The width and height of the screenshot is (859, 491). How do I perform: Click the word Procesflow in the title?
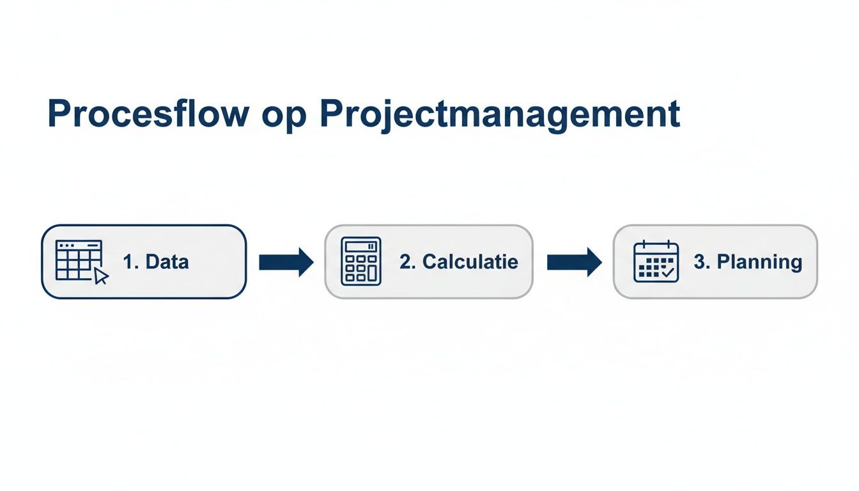pos(148,115)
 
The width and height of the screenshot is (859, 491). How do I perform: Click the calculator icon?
pos(361,261)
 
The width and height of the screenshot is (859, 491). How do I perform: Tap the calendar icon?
pos(656,261)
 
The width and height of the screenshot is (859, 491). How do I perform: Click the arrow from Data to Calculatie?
pos(286,262)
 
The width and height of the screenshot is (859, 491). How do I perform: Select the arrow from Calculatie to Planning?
pos(574,262)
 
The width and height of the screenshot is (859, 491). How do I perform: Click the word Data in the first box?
pos(167,261)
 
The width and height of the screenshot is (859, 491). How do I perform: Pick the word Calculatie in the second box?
pos(470,261)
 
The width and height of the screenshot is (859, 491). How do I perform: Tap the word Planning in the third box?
pos(759,261)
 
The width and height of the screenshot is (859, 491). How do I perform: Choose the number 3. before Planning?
pos(702,261)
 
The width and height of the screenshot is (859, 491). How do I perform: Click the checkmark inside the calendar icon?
pos(669,273)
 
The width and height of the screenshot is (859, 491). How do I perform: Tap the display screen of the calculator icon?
pos(361,247)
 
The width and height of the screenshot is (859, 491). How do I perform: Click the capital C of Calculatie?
pos(429,261)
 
